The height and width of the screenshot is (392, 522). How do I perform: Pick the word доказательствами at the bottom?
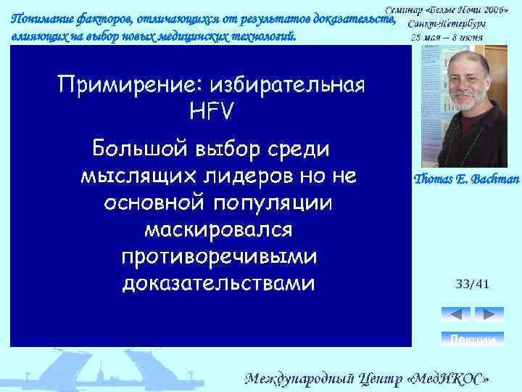point(218,282)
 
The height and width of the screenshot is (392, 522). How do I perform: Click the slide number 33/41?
point(473,284)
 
